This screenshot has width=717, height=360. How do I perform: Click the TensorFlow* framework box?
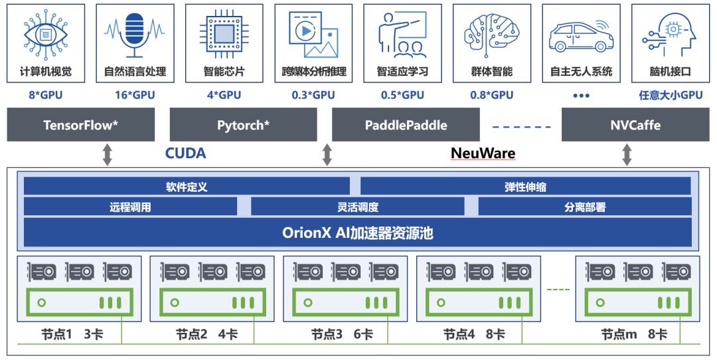[x=81, y=125]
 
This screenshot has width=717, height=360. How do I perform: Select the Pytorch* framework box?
[x=243, y=125]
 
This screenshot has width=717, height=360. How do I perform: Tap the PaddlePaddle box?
[x=406, y=125]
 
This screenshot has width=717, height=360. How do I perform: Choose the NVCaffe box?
[x=635, y=125]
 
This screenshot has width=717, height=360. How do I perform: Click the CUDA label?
[x=185, y=153]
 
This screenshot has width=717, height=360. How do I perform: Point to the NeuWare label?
[x=483, y=153]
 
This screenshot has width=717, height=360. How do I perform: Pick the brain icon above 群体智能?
[x=492, y=33]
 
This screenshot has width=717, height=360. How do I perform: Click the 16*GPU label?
[x=135, y=95]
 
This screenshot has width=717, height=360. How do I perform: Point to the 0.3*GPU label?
[x=313, y=95]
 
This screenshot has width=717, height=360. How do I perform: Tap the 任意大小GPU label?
[x=671, y=95]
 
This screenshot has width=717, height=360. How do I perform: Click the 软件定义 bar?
[x=187, y=187]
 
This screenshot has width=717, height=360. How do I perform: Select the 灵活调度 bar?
[x=357, y=207]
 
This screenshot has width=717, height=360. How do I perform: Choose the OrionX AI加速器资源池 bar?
[x=357, y=232]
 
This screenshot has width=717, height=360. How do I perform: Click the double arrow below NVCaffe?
[x=627, y=155]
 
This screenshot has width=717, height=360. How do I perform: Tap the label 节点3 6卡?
[x=342, y=334]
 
